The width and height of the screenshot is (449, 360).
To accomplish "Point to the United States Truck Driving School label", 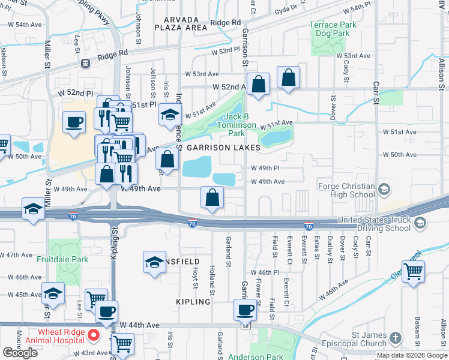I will click(375, 224).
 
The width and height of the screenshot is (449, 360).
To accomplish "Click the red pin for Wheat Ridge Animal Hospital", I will click(93, 334).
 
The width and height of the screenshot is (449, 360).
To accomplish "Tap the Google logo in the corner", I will click(20, 353).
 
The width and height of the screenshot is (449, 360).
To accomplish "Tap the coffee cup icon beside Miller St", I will click(74, 122).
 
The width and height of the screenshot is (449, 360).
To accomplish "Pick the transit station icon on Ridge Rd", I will click(86, 62).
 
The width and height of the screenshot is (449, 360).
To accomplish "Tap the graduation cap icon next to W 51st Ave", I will click(170, 114).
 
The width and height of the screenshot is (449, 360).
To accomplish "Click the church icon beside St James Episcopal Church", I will click(395, 338).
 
